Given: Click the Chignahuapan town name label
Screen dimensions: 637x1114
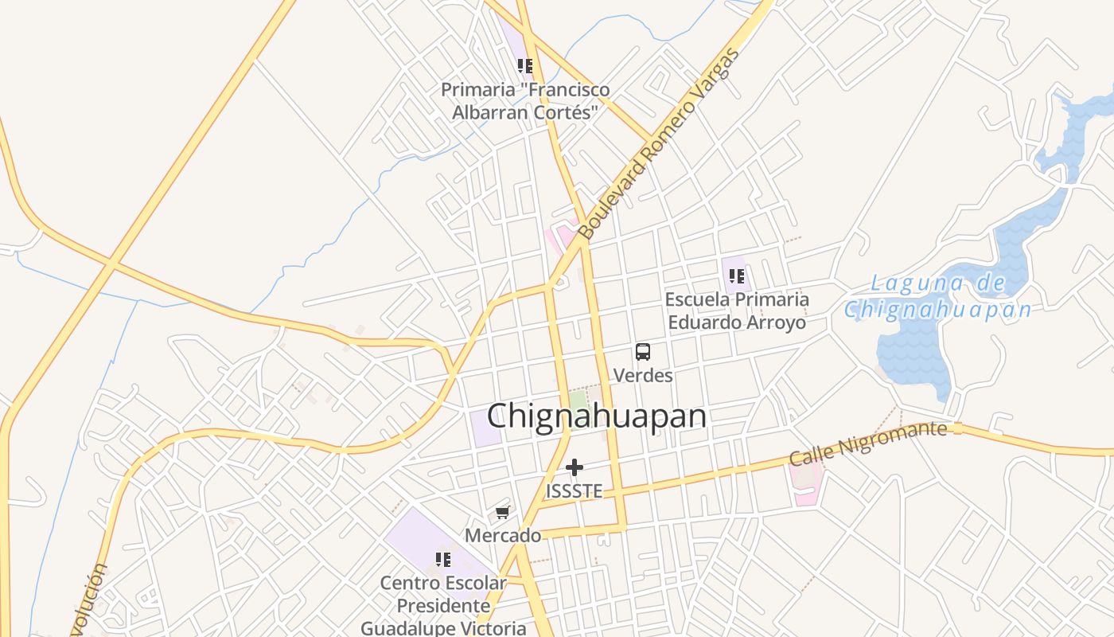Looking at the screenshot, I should [x=596, y=416].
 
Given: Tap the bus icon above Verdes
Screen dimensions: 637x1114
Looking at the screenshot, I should [x=642, y=351].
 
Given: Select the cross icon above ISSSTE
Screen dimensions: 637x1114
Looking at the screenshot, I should [x=574, y=467].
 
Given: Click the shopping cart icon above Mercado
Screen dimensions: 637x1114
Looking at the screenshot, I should [x=502, y=512].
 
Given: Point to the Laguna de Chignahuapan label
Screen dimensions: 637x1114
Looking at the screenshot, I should [x=938, y=296].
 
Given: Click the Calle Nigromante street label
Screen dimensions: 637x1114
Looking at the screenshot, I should [x=868, y=444].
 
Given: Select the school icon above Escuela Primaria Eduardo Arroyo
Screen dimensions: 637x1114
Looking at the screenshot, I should [x=736, y=276].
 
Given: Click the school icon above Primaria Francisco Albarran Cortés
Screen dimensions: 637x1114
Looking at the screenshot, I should [x=524, y=65].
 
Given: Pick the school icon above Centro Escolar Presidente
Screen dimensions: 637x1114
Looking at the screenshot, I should [x=443, y=559].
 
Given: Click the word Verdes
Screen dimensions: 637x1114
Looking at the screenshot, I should [x=643, y=375].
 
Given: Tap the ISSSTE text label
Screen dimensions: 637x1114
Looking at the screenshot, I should [x=574, y=491].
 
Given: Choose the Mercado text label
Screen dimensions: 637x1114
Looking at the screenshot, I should [x=503, y=536].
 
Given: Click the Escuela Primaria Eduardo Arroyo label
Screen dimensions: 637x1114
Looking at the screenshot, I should [x=737, y=311].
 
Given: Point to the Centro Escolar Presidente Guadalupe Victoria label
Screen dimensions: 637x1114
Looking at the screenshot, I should [x=443, y=605].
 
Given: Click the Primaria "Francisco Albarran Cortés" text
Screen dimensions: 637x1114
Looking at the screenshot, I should [x=525, y=101].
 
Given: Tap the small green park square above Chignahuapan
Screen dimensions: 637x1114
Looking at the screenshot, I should [x=579, y=401].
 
